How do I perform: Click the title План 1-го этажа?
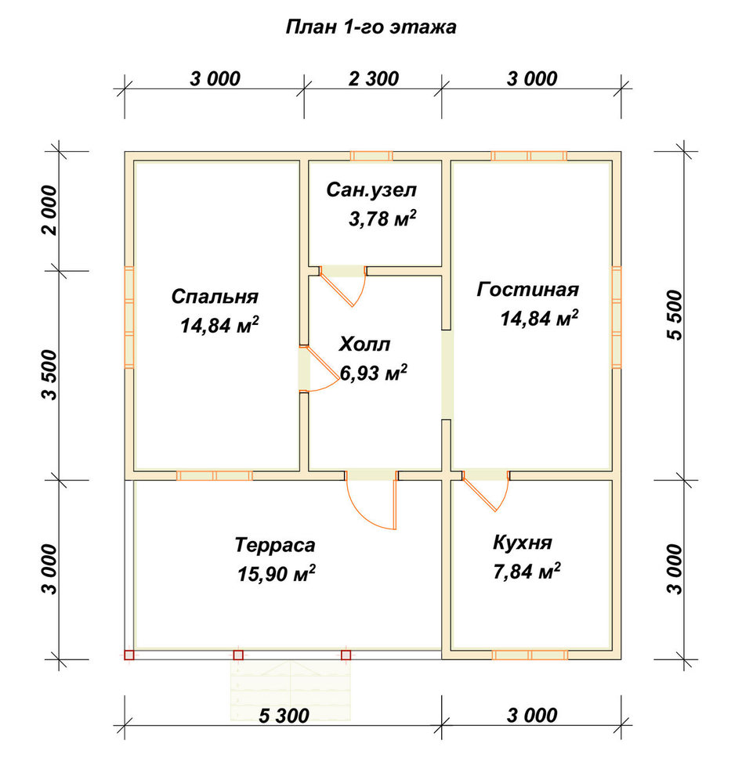click(371, 27)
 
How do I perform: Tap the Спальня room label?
click(215, 297)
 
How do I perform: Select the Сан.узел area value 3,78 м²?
click(382, 218)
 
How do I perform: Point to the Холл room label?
click(365, 344)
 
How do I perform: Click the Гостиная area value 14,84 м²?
click(540, 318)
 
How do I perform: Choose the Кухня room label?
click(523, 543)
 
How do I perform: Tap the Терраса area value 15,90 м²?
click(277, 573)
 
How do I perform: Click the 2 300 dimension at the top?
click(373, 78)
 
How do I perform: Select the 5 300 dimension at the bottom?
click(284, 716)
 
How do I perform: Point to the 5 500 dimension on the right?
click(674, 315)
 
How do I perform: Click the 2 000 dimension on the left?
click(49, 210)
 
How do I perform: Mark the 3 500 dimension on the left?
click(49, 375)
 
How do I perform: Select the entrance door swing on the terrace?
click(372, 502)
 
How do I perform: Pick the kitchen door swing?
click(486, 492)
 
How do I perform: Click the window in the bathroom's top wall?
click(371, 156)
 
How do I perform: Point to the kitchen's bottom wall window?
click(530, 655)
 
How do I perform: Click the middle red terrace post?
click(238, 655)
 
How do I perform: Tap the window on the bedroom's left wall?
click(129, 318)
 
